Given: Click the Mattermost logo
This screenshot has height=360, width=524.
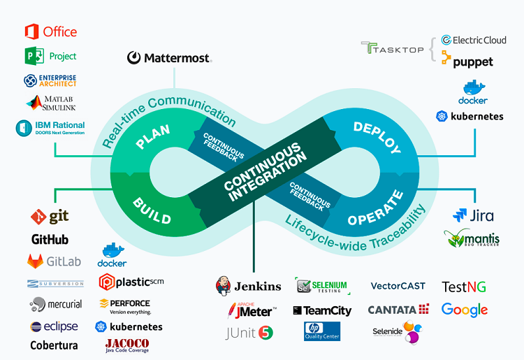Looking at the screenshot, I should (168, 58).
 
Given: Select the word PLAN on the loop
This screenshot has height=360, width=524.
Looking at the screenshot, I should (153, 136).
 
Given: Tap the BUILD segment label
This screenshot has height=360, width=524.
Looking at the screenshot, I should (152, 208).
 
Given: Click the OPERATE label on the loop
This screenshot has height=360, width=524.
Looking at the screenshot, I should (376, 208).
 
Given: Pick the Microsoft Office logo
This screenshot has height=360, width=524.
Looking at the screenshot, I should (50, 32).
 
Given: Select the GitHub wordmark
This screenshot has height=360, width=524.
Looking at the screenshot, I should (50, 240).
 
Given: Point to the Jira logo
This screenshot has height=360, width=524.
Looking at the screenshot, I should (473, 215).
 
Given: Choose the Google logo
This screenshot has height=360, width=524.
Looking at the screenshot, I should (464, 310).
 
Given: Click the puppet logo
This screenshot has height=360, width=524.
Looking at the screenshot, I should (467, 62).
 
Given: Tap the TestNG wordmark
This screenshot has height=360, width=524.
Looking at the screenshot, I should (464, 287).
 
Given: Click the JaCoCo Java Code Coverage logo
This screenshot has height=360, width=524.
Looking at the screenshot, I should (126, 345).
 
